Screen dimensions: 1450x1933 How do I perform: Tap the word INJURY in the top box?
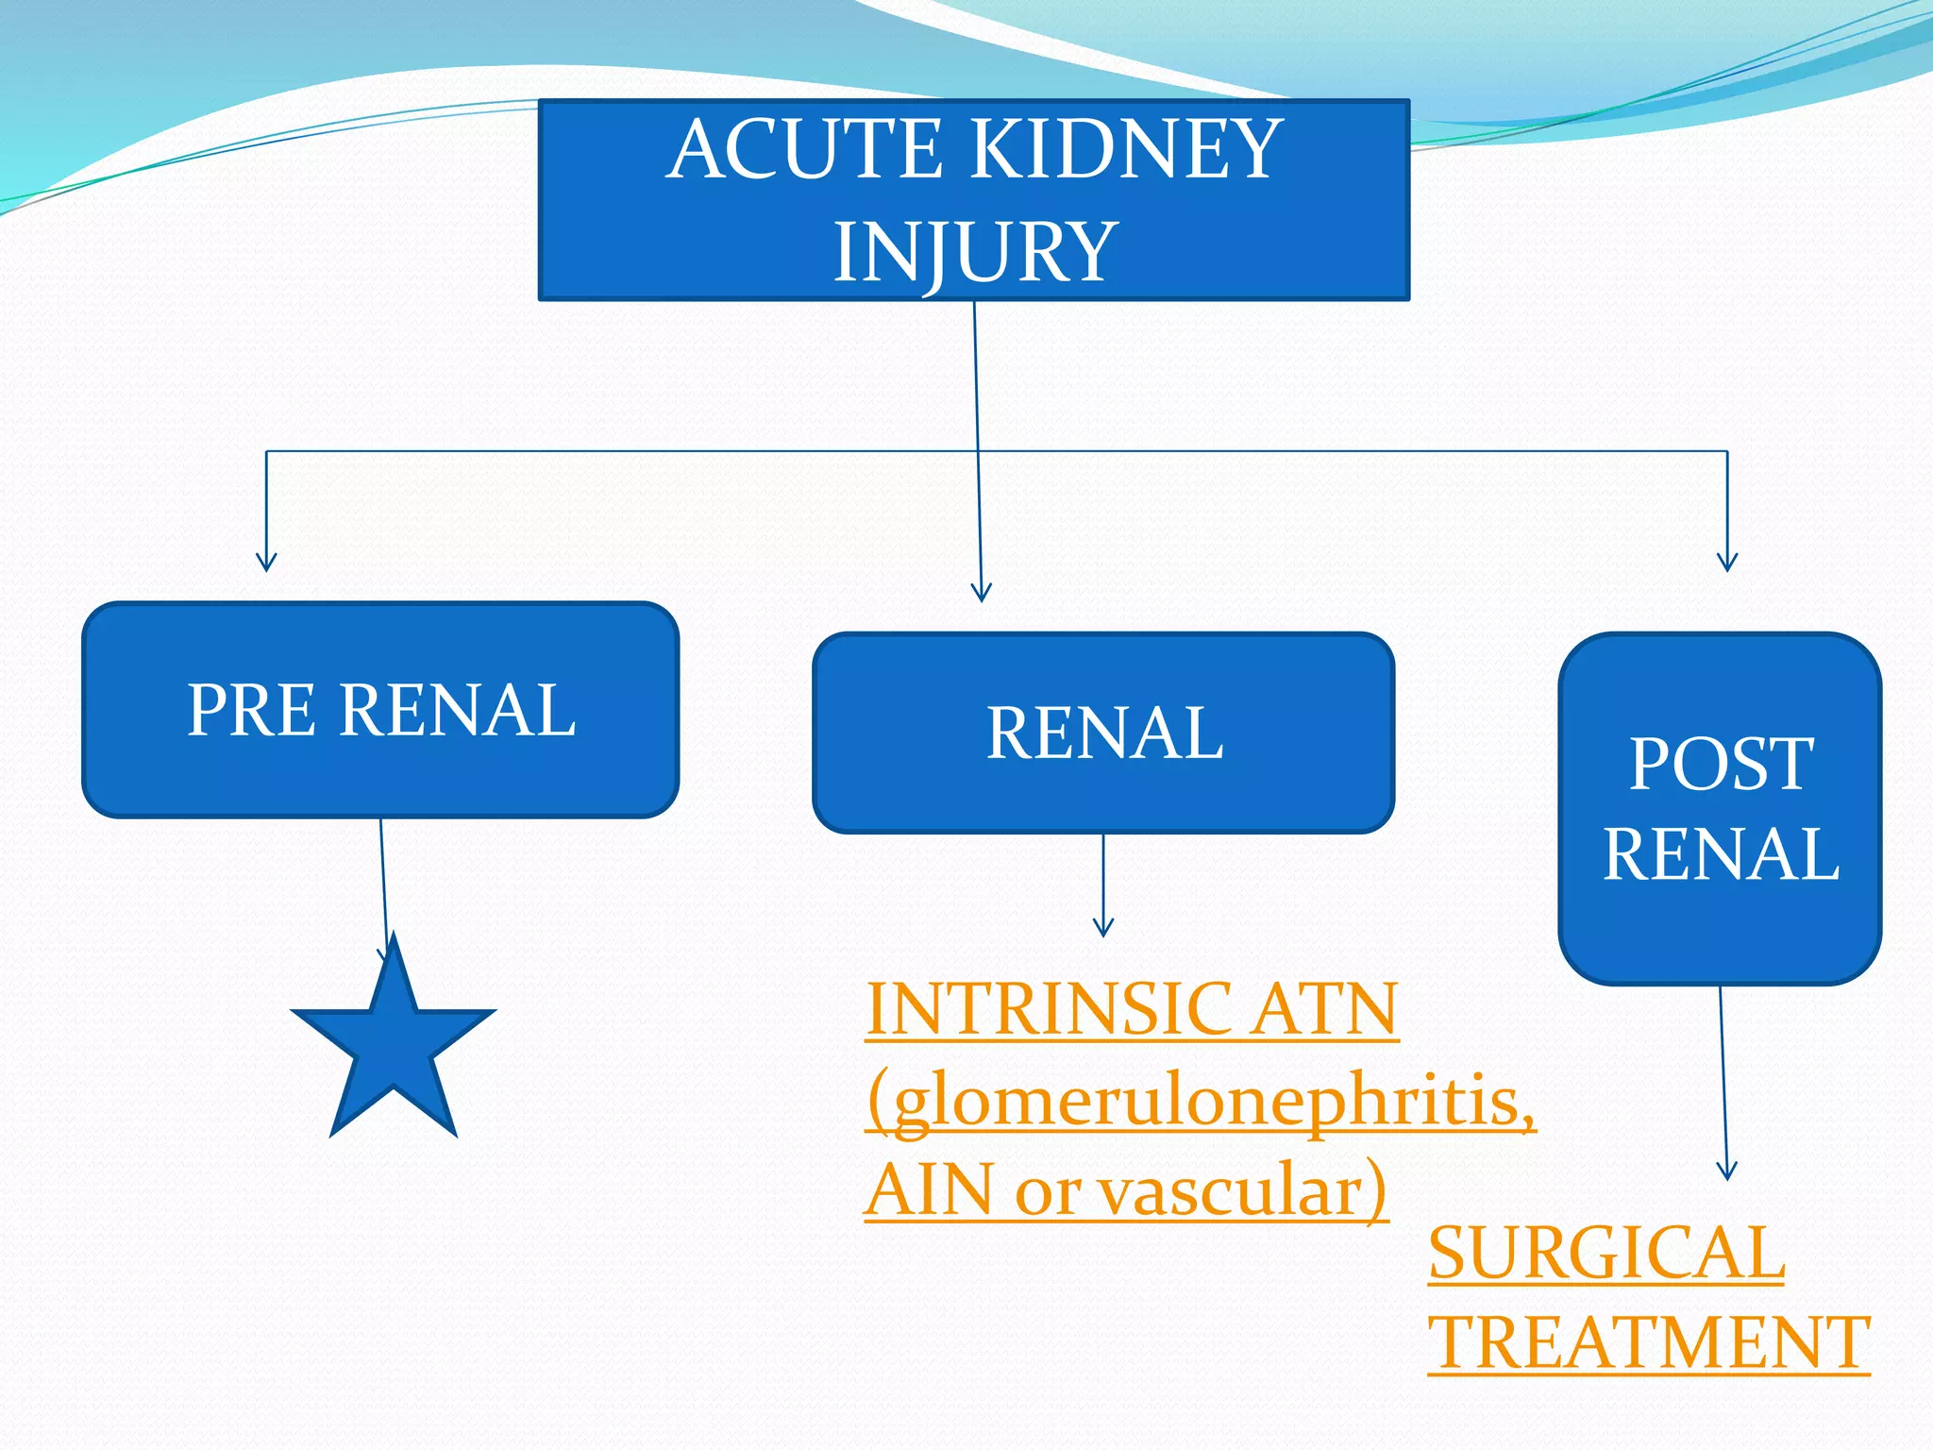tap(974, 251)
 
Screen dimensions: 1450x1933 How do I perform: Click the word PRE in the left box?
tap(250, 710)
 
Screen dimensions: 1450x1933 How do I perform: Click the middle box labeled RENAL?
tap(1103, 733)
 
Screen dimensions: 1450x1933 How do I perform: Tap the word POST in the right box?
tap(1721, 764)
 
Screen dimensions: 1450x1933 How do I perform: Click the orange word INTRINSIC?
tap(1047, 1008)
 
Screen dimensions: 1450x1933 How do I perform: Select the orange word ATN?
tap(1325, 1008)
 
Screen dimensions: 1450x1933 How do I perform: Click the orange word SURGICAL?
tap(1605, 1253)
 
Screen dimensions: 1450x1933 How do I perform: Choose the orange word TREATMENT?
tap(1648, 1342)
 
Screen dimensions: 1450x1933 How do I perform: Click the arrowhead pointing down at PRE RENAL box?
tap(266, 563)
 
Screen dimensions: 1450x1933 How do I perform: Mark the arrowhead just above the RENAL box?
tap(982, 593)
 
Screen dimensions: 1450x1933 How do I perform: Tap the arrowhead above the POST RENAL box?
tap(1727, 563)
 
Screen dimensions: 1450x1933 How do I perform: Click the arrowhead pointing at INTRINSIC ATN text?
tap(1103, 927)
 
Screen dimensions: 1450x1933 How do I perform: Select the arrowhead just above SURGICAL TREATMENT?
tap(1726, 1171)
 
